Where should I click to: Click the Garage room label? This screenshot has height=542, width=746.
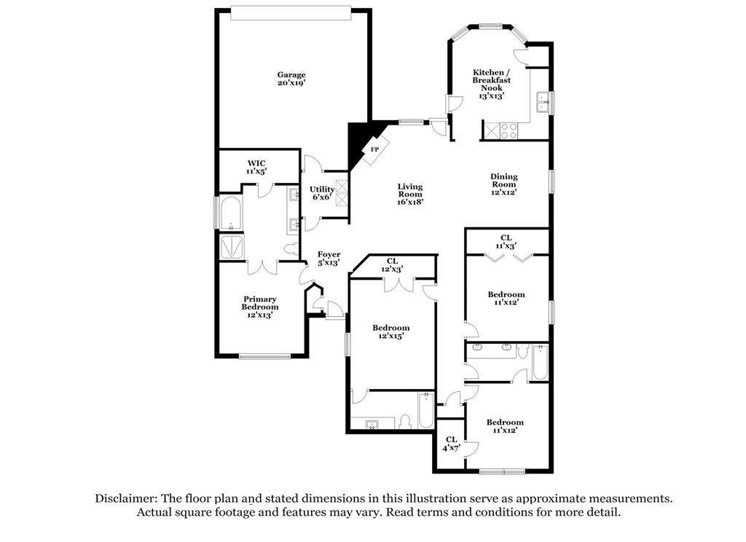point(291,79)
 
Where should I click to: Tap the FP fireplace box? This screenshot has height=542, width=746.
point(375,149)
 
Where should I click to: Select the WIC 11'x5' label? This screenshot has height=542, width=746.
point(256,167)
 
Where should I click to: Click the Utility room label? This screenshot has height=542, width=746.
point(321,193)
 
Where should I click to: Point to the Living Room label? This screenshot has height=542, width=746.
point(410,194)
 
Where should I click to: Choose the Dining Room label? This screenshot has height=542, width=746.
point(504,184)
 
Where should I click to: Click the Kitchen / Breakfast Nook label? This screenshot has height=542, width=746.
point(492,84)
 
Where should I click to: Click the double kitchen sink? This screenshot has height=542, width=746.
point(542,102)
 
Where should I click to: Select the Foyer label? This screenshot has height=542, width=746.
point(329,259)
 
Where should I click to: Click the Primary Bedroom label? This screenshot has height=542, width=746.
point(260,307)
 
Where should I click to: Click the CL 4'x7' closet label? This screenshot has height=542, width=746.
point(451,444)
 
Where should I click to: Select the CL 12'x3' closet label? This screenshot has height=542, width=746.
point(392,265)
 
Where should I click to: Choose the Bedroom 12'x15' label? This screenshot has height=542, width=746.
point(391,331)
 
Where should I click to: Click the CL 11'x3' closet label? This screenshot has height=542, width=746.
point(506,242)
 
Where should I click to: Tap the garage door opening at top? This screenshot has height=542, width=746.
point(291,13)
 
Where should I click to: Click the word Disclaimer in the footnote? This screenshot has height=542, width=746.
point(125,499)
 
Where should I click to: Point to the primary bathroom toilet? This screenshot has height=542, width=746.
point(292,248)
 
